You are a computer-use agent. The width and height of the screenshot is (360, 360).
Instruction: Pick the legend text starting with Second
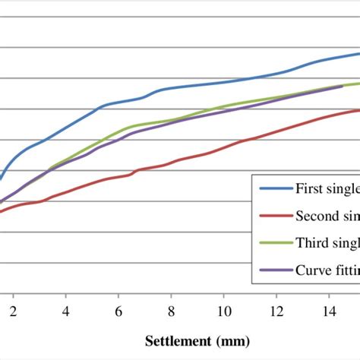327,215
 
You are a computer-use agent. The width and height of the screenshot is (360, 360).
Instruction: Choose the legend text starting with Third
327,242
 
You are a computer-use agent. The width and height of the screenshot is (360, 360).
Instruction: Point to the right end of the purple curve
343,87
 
